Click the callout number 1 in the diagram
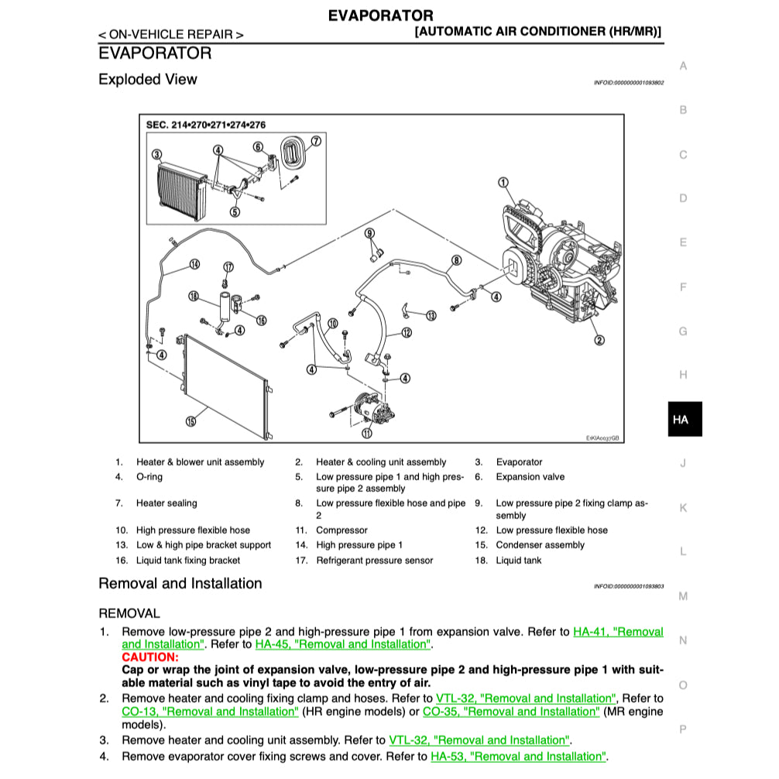pos(503,184)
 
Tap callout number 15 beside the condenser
pos(190,422)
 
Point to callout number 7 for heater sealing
pos(316,141)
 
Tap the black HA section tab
pos(681,420)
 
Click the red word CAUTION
pos(149,657)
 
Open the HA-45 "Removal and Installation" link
pos(343,644)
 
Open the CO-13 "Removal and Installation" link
pos(209,712)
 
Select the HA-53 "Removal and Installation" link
pos(518,757)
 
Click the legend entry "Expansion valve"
pos(530,477)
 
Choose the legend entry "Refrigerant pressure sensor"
pos(374,561)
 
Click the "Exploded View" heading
pos(147,80)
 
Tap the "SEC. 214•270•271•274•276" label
pos(205,125)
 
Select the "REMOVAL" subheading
pos(129,613)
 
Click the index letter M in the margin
pos(683,596)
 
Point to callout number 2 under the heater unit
pos(599,339)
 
